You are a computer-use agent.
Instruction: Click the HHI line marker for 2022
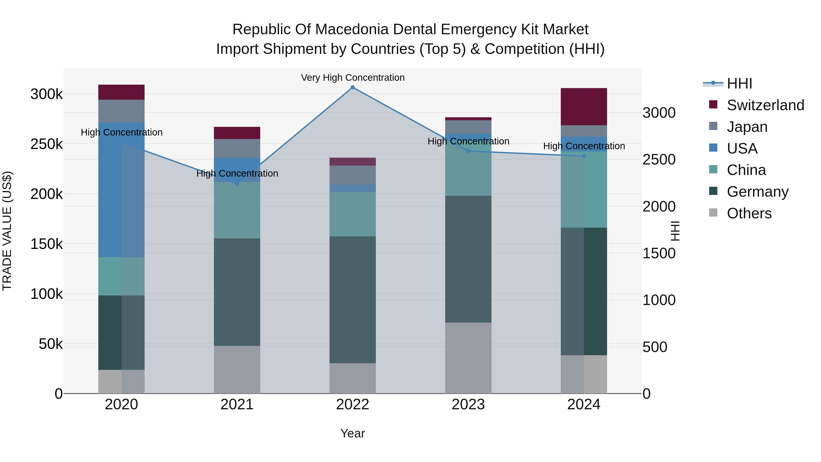coord(353,87)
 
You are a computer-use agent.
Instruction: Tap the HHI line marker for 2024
coord(584,156)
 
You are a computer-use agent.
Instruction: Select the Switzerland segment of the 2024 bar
coord(584,107)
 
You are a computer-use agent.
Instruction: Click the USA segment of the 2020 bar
coord(121,190)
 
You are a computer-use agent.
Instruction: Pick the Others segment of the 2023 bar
coord(468,358)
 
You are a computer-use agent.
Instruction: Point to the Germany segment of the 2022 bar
coord(353,300)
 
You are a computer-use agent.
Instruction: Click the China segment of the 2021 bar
coord(237,210)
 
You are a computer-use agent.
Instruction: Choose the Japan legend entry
coord(747,127)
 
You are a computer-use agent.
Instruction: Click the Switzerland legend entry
coord(765,105)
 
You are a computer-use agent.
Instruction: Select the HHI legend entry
coord(739,84)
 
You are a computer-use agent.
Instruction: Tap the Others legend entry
coord(749,213)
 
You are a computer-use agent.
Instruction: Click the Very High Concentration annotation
coord(353,78)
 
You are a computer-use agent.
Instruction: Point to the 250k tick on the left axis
coord(47,144)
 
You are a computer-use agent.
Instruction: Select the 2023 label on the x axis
coord(468,405)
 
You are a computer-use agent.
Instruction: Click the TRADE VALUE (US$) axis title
coord(7,231)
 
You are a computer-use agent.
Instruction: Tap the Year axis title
coord(353,433)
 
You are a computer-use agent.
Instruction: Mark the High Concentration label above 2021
coord(237,173)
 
